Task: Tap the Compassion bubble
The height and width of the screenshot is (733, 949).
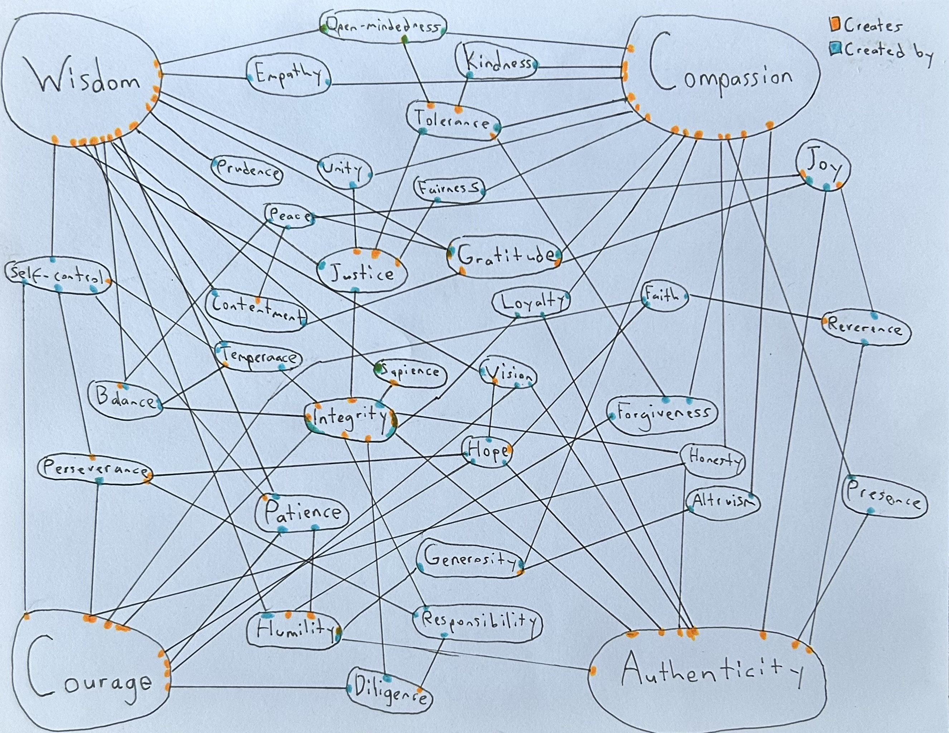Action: (721, 78)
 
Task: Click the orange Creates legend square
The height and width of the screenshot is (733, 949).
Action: (835, 25)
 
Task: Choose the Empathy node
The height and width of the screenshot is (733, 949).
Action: (289, 77)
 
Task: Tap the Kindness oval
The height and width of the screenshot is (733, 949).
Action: (496, 63)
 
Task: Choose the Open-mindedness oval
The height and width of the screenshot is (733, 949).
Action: (383, 27)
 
